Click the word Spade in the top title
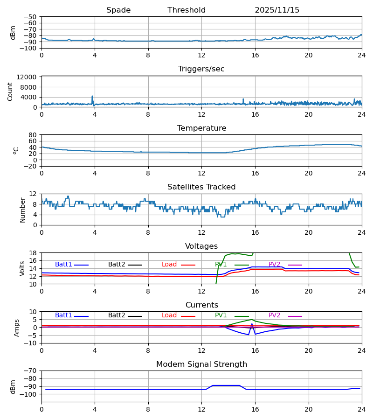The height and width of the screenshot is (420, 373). coord(118,10)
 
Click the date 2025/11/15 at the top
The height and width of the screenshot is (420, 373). coord(277,10)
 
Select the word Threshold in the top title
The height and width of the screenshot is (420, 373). coord(186,10)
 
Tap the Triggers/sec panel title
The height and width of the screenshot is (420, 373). coord(201,69)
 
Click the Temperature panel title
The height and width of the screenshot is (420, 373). coord(201,128)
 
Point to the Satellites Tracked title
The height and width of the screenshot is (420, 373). coord(201,187)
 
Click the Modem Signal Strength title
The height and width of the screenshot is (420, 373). coord(201,364)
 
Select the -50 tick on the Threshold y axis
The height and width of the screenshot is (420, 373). coord(31,17)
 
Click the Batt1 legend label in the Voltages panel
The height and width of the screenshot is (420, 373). coord(63,265)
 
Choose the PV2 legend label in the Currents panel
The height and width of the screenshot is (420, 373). coord(275,315)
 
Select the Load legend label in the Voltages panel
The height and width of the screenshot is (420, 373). coord(169,265)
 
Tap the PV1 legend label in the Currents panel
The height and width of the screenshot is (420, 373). coord(221,315)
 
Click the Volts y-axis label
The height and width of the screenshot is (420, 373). coord(22,268)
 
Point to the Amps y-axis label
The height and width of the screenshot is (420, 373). coord(17,328)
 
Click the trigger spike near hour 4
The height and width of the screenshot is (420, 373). coord(92,97)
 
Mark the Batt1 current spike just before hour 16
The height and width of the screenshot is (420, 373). coord(252,324)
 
